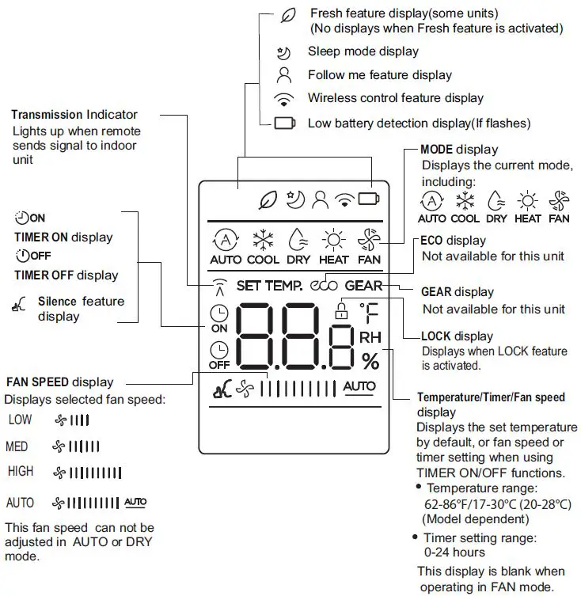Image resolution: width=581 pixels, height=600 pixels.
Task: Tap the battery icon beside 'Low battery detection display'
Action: click(284, 123)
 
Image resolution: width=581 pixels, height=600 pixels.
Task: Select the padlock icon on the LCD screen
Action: click(341, 309)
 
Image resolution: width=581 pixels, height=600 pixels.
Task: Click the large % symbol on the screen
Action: click(370, 362)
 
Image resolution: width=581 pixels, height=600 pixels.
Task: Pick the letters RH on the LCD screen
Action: click(370, 337)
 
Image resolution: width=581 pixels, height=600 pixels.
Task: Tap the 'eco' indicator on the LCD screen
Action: click(324, 286)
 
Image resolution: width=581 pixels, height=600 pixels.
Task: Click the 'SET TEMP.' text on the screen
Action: click(269, 286)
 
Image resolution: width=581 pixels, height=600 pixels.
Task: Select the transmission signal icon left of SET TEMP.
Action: click(219, 287)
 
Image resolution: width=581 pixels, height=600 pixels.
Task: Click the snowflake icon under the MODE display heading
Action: click(465, 201)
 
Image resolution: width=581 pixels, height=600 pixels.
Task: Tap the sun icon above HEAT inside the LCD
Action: click(333, 239)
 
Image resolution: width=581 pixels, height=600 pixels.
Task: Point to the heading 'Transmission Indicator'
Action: click(74, 115)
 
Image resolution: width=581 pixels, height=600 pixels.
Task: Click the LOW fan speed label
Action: click(21, 419)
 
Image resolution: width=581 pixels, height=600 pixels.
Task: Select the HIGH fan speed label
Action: click(21, 471)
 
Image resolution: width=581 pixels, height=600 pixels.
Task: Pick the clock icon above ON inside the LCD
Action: click(218, 313)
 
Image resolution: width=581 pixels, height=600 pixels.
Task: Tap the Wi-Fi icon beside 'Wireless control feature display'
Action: click(283, 99)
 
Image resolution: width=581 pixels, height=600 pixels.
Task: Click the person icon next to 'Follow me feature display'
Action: click(283, 75)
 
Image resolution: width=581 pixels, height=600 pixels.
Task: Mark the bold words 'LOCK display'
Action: click(457, 336)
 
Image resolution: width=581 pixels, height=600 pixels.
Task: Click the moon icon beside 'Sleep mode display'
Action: click(283, 52)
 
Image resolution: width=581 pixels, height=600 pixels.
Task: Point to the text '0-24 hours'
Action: click(454, 552)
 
